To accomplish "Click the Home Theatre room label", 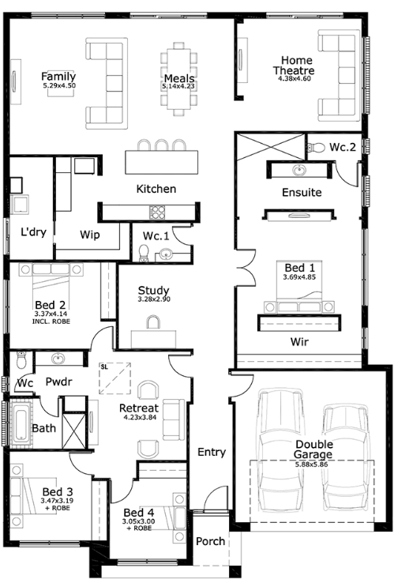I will pos(293,66).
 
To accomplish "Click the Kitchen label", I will pos(156,189).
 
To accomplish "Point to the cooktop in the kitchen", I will pos(157,211).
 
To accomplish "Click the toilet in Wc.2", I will pos(317,146).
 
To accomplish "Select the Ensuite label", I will pos(301,192).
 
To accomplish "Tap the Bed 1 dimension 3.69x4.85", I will pos(299,277).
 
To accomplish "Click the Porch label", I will pos(211,541).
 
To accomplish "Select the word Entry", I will pos(211,453).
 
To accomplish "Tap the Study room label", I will pos(154,291).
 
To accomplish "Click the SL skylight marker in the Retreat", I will pos(104,367).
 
